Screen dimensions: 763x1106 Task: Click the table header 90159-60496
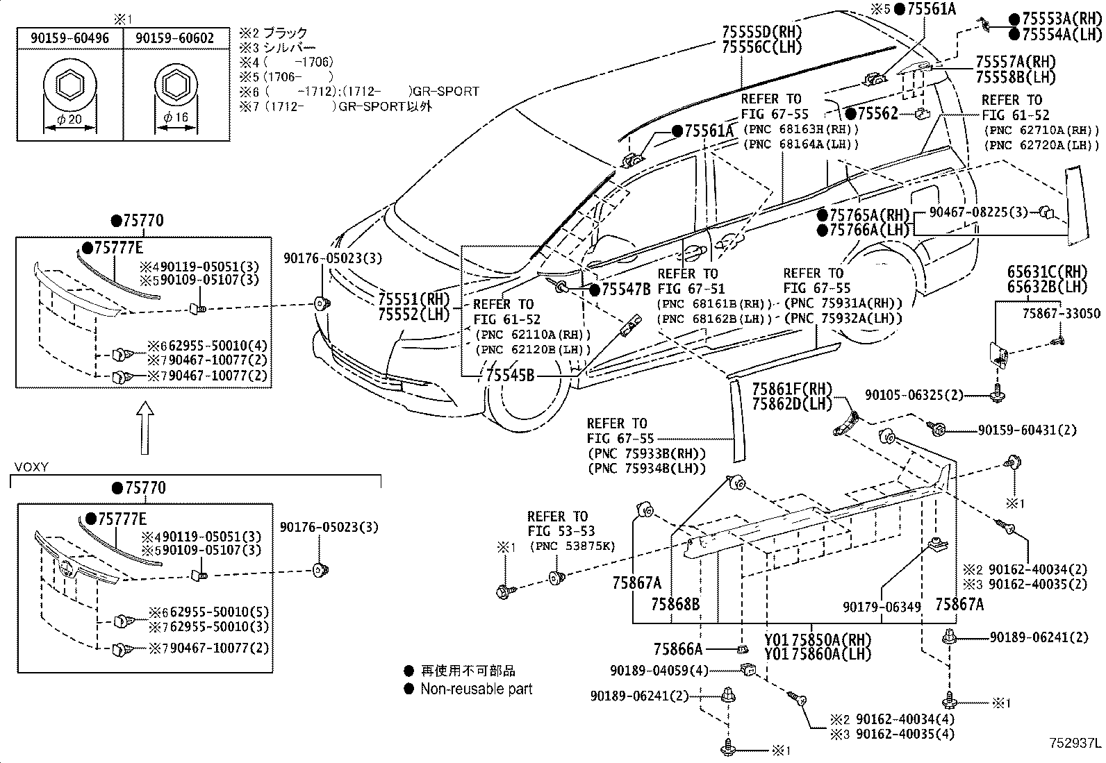point(70,38)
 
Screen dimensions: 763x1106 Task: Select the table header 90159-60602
point(174,38)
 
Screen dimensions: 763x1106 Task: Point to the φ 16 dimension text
point(175,117)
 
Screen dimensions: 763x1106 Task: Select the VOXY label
point(31,467)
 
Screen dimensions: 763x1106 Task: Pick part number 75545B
point(510,376)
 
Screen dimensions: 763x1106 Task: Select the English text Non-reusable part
point(477,689)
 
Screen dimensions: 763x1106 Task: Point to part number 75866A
point(678,649)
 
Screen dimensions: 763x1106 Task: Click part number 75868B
point(675,604)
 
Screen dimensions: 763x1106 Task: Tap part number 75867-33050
point(1061,313)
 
